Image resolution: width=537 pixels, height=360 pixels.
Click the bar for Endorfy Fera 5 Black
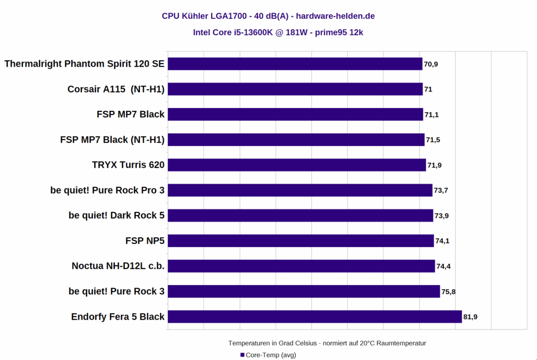(315, 316)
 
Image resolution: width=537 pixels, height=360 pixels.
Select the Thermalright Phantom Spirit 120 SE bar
(295, 64)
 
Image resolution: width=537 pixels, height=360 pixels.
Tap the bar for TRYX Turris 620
(297, 165)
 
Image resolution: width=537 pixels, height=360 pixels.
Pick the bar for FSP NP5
(300, 241)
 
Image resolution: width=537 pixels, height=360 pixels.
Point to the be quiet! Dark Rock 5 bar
(300, 215)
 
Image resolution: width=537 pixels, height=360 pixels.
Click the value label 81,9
(470, 317)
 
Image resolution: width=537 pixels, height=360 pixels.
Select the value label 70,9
(431, 65)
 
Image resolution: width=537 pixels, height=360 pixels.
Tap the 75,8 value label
(448, 292)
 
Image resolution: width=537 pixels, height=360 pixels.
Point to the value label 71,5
(433, 140)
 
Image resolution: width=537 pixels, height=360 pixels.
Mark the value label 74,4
(443, 267)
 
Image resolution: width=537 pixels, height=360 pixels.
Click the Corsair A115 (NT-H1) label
(116, 89)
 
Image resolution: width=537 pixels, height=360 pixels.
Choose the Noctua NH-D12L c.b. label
(118, 266)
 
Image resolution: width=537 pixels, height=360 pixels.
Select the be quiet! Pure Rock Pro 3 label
(108, 190)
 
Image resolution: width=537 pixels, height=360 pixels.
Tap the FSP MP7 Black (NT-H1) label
(112, 140)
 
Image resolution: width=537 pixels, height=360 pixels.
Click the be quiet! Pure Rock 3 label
(116, 291)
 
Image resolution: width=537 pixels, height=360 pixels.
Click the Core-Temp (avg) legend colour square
(242, 355)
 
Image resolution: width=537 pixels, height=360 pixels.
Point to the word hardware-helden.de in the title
(335, 16)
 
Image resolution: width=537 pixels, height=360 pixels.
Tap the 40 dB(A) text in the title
(267, 16)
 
